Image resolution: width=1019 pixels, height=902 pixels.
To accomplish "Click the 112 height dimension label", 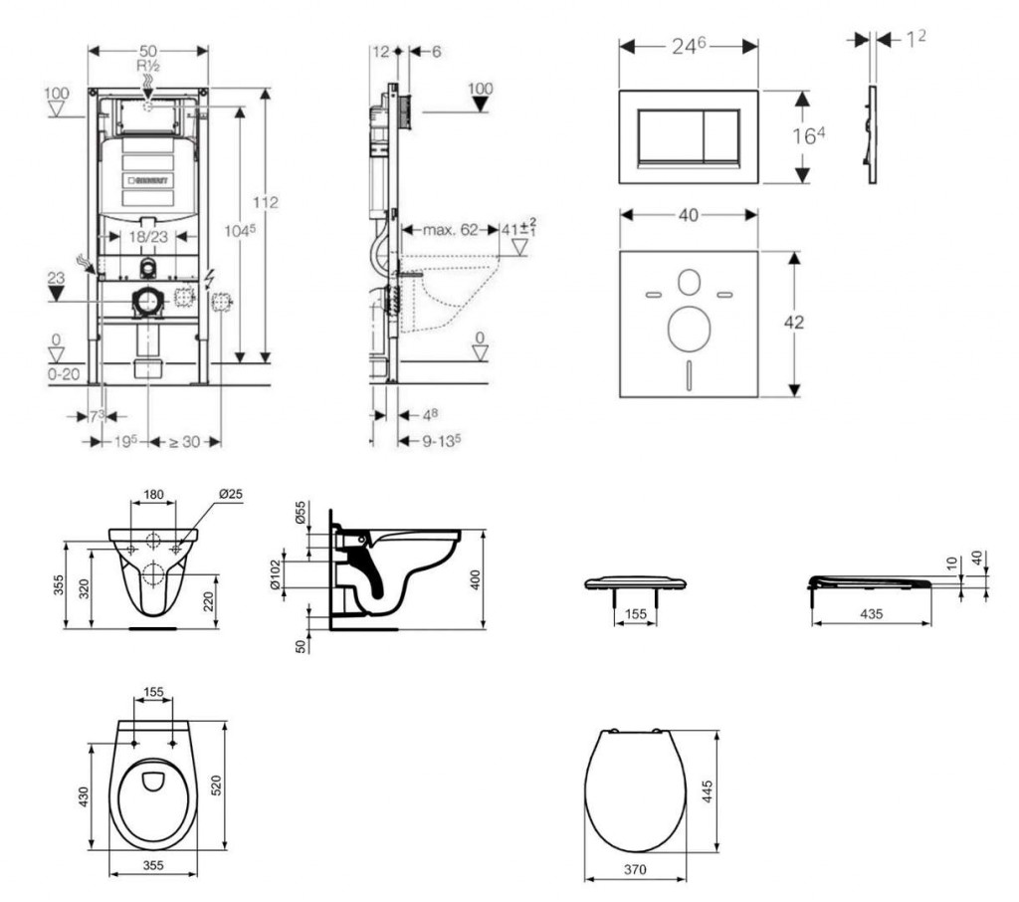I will click(x=266, y=202).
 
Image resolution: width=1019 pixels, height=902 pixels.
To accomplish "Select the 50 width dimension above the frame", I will click(x=148, y=49).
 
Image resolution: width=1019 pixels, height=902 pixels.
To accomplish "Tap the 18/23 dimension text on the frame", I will click(x=147, y=237).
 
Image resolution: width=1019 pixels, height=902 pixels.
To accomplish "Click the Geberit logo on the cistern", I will click(x=148, y=180).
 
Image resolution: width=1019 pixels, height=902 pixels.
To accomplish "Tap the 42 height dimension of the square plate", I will click(x=793, y=322).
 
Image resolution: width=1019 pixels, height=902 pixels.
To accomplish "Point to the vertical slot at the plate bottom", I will click(x=688, y=377).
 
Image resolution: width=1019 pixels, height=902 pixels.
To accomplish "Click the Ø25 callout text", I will click(x=231, y=494).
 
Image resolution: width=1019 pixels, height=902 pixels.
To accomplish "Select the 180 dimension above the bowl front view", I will click(x=153, y=494).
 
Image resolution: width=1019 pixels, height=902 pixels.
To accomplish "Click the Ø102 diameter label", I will click(x=277, y=572).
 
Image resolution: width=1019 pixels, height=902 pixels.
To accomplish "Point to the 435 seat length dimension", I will click(x=871, y=614).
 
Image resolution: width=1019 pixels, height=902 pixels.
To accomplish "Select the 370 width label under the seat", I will click(x=635, y=868).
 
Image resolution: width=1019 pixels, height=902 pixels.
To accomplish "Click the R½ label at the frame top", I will click(x=148, y=64).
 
